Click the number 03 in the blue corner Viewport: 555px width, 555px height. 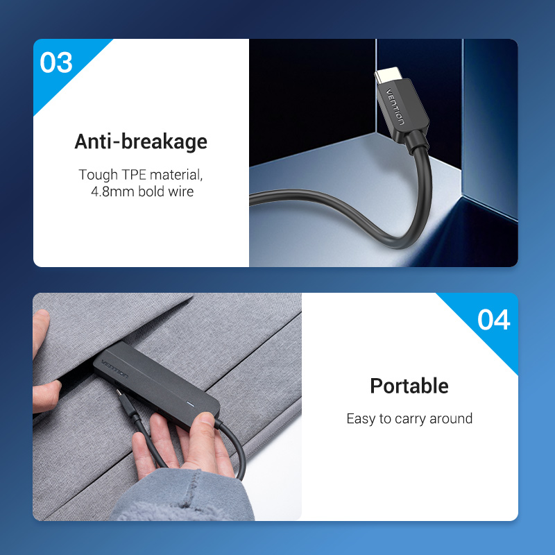(56, 62)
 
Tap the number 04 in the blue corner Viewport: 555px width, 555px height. (493, 320)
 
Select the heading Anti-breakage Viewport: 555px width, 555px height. (141, 142)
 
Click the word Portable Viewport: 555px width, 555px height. (409, 386)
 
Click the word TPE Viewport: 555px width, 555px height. (134, 175)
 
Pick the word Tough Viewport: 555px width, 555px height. (98, 175)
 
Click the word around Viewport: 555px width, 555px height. (450, 418)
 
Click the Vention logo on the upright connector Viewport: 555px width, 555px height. (395, 107)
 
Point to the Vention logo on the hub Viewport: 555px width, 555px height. (114, 368)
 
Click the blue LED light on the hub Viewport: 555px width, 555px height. (191, 404)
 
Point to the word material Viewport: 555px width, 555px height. (176, 175)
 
